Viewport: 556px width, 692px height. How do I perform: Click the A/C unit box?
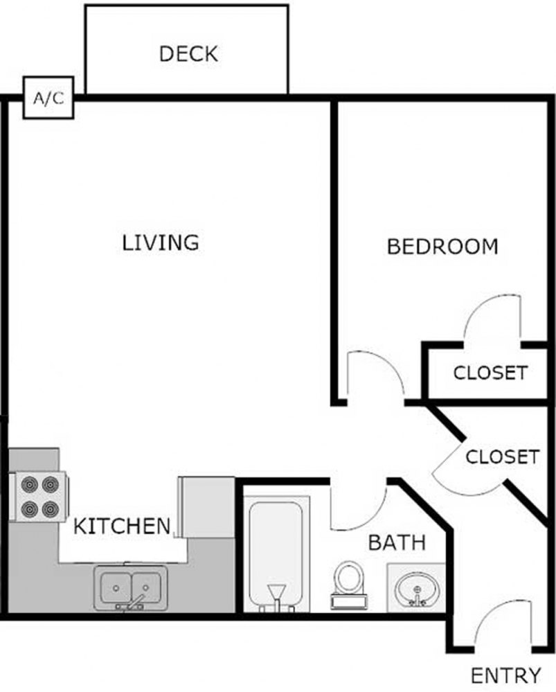pyautogui.click(x=48, y=98)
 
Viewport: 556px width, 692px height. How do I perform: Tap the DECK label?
pyautogui.click(x=188, y=53)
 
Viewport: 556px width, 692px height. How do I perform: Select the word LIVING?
pyautogui.click(x=161, y=242)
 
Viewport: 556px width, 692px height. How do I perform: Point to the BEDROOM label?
pyautogui.click(x=442, y=246)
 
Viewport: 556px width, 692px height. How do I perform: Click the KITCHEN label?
pyautogui.click(x=122, y=526)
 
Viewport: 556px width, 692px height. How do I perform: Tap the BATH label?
pyautogui.click(x=396, y=542)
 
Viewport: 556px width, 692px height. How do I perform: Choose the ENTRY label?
pyautogui.click(x=505, y=675)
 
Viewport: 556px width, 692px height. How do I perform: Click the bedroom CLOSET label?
pyautogui.click(x=490, y=373)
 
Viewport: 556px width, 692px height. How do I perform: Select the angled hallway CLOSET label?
pyautogui.click(x=501, y=457)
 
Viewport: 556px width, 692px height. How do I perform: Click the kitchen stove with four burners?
pyautogui.click(x=38, y=496)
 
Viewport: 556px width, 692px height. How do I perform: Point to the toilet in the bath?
pyautogui.click(x=348, y=583)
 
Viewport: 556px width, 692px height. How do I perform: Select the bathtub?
pyautogui.click(x=276, y=554)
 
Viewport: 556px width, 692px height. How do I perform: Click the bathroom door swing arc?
pyautogui.click(x=357, y=509)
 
